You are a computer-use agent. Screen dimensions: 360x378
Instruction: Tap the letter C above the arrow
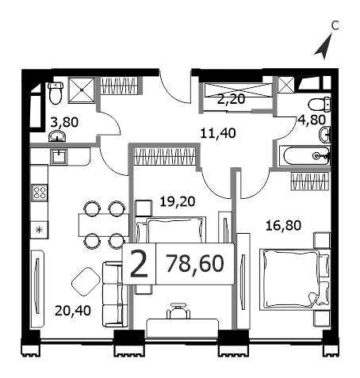[x=335, y=26]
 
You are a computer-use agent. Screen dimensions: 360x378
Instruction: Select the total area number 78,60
[x=195, y=264]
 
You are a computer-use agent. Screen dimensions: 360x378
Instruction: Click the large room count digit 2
[x=139, y=264]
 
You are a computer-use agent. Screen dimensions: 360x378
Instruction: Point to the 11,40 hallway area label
[x=218, y=133]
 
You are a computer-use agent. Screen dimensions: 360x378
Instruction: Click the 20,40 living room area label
[x=73, y=311]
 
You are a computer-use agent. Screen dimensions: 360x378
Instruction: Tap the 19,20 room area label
[x=178, y=202]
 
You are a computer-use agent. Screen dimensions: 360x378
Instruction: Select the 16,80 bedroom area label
[x=283, y=226]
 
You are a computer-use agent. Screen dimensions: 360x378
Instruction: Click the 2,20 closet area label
[x=232, y=99]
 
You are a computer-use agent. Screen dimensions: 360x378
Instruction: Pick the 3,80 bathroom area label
[x=64, y=123]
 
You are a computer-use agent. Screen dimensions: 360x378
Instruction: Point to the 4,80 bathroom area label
[x=312, y=120]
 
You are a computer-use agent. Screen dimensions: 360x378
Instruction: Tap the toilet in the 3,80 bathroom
[x=56, y=93]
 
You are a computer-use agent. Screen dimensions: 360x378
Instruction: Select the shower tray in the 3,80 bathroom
[x=82, y=90]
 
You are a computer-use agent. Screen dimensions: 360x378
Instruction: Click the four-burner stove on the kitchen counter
[x=40, y=192]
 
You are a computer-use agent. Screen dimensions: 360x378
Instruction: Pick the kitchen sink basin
[x=59, y=157]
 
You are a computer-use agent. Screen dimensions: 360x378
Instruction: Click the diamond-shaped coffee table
[x=86, y=282]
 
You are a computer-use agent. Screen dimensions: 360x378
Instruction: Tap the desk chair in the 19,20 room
[x=178, y=311]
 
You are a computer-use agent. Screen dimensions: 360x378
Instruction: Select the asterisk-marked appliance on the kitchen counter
[x=40, y=230]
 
